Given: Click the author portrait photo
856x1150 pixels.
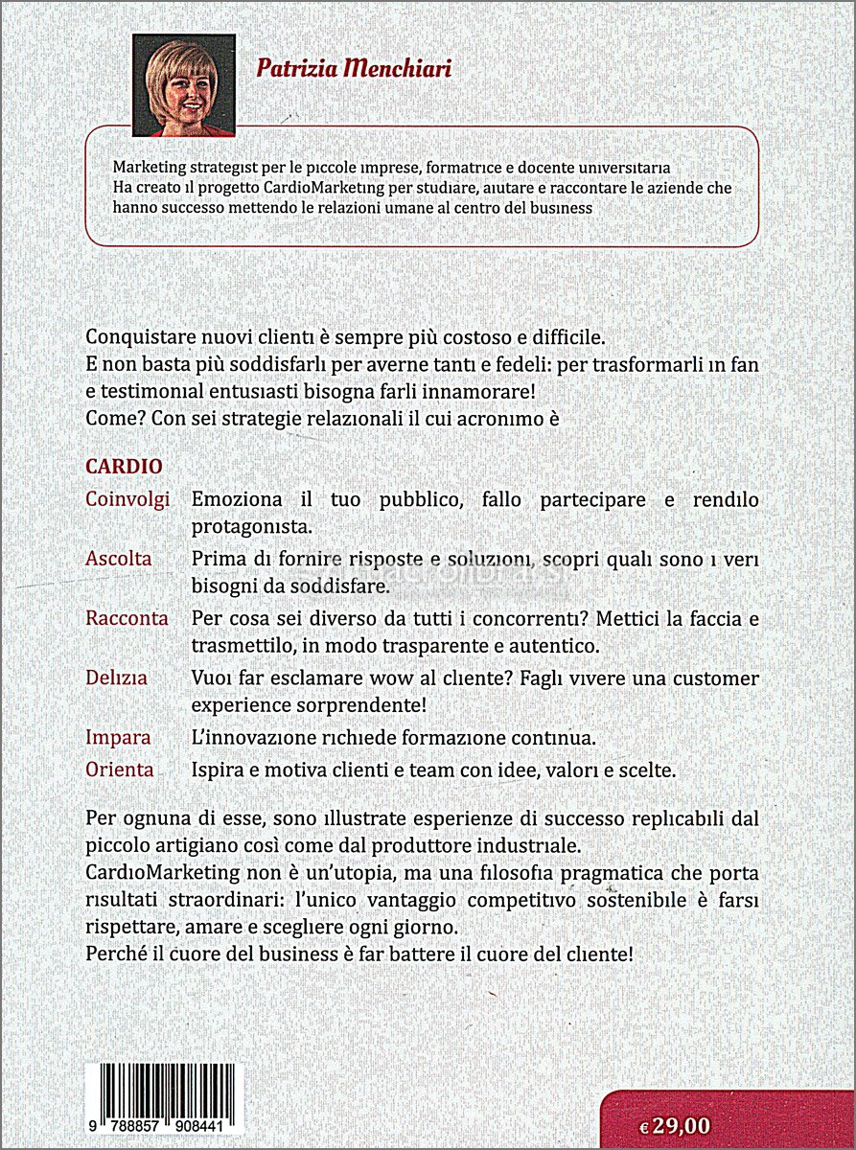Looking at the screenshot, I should (x=184, y=85).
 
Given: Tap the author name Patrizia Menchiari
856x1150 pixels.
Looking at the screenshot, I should (x=354, y=69).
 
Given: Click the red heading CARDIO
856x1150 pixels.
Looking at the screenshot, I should (x=124, y=466).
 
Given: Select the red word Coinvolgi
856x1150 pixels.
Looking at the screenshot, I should (x=127, y=499).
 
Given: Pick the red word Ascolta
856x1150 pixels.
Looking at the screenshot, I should (x=118, y=558).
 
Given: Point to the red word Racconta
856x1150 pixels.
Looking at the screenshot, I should (x=127, y=618).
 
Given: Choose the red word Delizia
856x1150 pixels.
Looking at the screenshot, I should (x=116, y=678).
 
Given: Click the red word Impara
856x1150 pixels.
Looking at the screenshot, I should (x=118, y=738).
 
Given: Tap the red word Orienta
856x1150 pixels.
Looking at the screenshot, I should (x=119, y=770).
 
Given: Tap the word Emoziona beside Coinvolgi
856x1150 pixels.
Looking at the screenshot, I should (x=238, y=499).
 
